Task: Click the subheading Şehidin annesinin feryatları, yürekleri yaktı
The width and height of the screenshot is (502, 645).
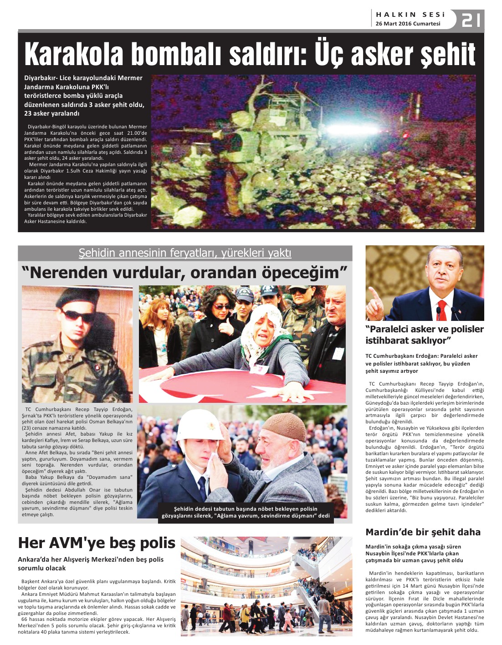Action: pyautogui.click(x=185, y=253)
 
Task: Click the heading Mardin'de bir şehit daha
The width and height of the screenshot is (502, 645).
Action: pyautogui.click(x=423, y=532)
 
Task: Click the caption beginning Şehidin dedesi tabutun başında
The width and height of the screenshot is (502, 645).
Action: pyautogui.click(x=246, y=512)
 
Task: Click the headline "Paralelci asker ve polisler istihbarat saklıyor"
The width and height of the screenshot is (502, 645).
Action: pyautogui.click(x=424, y=335)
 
